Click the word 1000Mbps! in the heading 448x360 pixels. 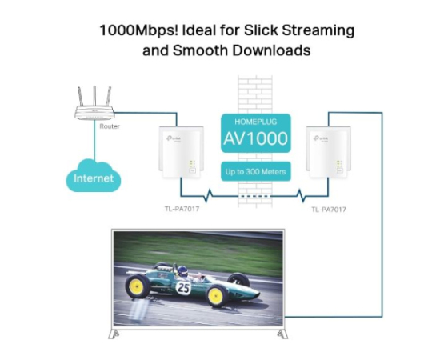139,30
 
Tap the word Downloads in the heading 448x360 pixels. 271,50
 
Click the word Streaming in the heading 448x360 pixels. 318,31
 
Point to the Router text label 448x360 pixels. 110,126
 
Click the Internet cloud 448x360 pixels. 94,176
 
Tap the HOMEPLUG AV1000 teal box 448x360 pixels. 256,133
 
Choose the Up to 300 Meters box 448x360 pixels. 256,171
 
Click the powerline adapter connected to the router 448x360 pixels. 181,153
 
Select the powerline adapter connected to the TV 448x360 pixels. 328,153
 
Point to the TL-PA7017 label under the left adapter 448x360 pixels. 182,209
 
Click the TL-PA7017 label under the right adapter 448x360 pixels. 329,210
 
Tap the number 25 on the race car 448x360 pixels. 183,288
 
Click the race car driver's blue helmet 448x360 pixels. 182,270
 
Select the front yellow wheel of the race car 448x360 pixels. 216,296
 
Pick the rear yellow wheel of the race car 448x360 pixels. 137,286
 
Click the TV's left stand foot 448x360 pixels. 114,334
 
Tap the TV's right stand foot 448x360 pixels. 282,334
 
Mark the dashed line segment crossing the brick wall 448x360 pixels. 255,196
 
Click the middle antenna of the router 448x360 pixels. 94,96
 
